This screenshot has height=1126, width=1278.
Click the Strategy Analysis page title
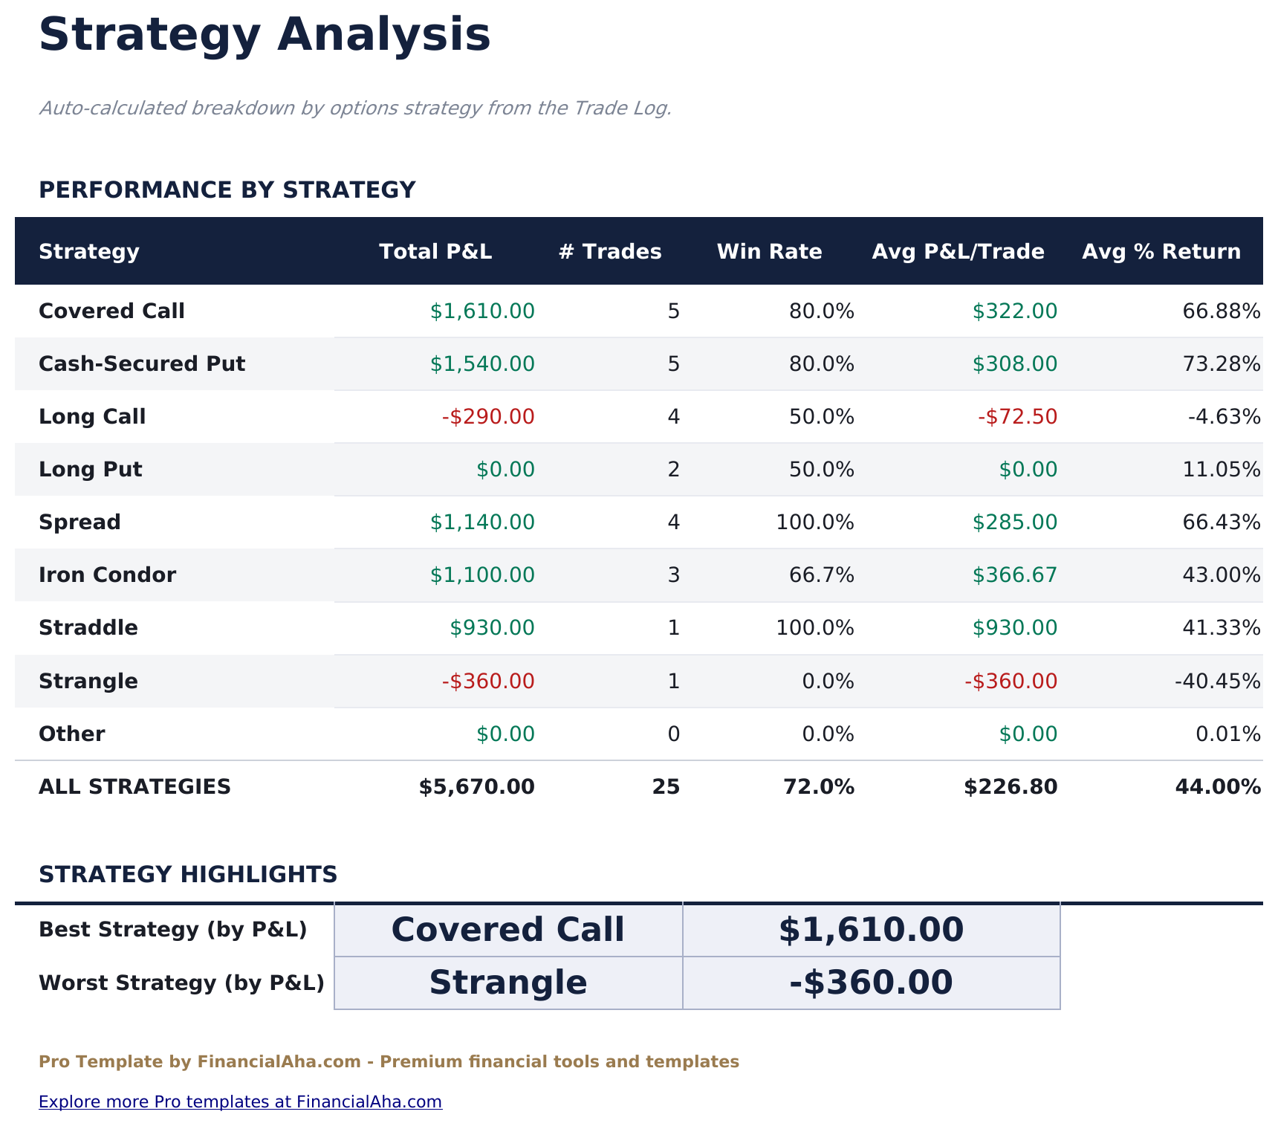[x=265, y=36]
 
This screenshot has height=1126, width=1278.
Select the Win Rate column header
[x=769, y=252]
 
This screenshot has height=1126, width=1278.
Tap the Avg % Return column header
[x=1161, y=252]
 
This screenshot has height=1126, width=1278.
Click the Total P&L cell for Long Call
[x=488, y=417]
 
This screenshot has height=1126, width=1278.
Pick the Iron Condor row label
[x=107, y=575]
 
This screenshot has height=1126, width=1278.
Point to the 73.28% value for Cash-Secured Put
[x=1221, y=364]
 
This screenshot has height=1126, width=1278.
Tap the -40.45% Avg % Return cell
[x=1217, y=682]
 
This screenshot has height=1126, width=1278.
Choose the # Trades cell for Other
[x=673, y=734]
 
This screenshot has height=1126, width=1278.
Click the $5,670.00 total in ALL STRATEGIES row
[x=476, y=787]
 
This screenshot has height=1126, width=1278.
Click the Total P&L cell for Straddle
[x=492, y=628]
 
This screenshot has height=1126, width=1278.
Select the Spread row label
[x=80, y=522]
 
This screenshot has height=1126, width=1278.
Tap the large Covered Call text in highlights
[x=507, y=930]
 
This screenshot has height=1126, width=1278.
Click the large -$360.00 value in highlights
[x=871, y=983]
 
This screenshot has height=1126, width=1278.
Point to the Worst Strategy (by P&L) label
[x=181, y=983]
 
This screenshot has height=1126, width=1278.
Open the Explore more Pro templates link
[x=240, y=1101]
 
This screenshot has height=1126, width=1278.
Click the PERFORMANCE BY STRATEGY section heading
[x=227, y=190]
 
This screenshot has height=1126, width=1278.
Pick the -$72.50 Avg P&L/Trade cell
[x=1017, y=417]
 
